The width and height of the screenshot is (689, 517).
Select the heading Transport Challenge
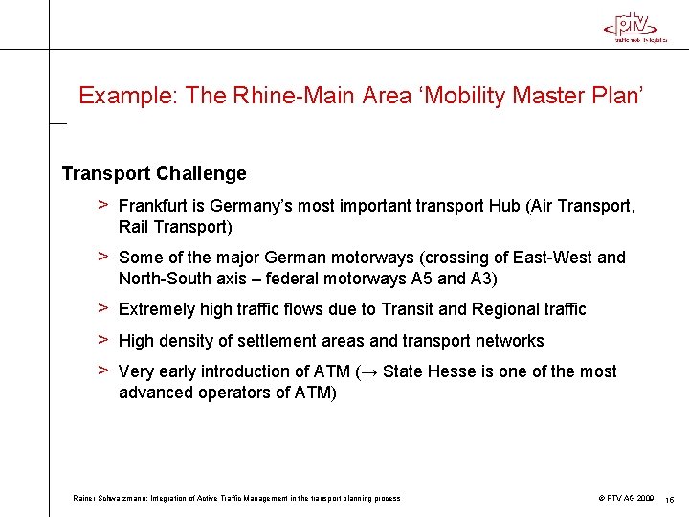[154, 173]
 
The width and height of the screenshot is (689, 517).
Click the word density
[191, 341]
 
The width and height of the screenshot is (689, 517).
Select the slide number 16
[670, 499]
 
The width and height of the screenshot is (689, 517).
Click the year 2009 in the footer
[644, 498]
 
